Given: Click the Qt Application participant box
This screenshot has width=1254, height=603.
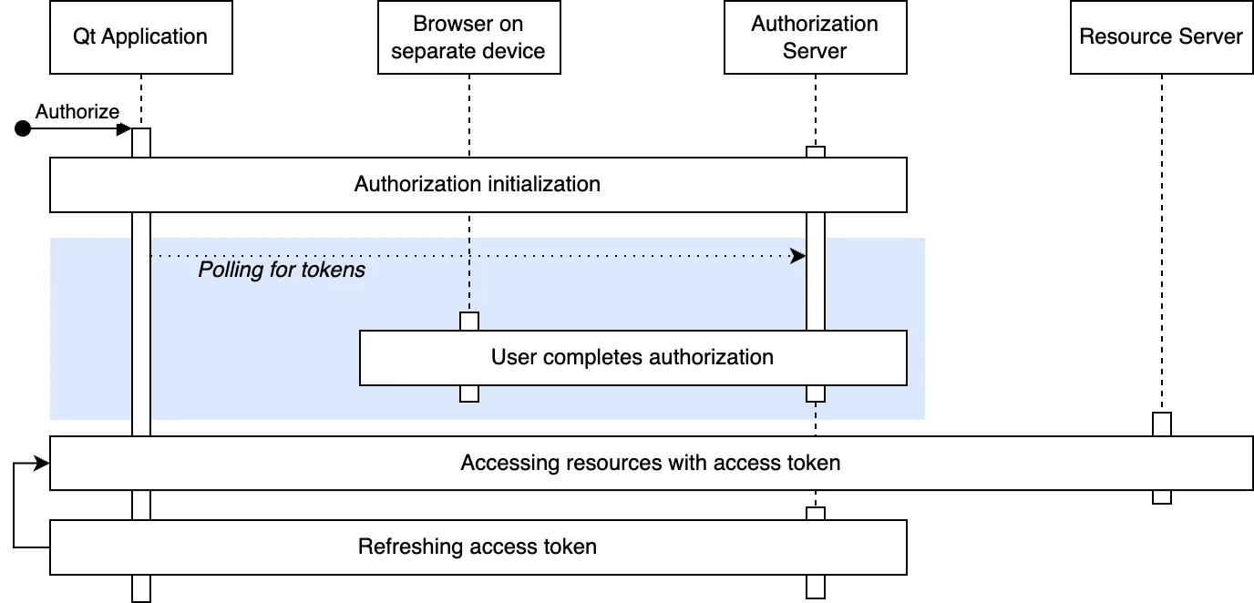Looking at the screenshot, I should click(x=140, y=37).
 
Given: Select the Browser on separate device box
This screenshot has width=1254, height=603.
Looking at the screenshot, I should click(x=468, y=37).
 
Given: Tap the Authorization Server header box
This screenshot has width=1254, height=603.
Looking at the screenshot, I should click(x=815, y=37).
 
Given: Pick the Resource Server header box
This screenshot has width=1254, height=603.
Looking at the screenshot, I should click(x=1161, y=37).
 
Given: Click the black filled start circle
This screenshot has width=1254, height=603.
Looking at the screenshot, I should click(x=23, y=129).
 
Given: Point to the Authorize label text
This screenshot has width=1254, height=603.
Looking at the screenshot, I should click(x=77, y=111).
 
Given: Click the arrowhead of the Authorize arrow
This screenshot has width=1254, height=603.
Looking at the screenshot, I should click(x=125, y=129).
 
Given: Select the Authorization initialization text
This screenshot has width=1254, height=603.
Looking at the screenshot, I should click(x=477, y=184).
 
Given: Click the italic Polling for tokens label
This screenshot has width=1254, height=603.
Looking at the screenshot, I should click(x=282, y=270).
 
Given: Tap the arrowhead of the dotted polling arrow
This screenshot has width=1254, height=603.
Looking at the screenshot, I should click(x=799, y=257).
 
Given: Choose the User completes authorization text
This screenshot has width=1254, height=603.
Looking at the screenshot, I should click(x=632, y=357).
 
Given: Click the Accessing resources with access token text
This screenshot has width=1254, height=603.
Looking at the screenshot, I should click(x=650, y=463).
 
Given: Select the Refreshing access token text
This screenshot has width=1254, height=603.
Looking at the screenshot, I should click(x=477, y=547).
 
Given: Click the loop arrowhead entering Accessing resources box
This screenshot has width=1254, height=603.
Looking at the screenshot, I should click(x=42, y=464).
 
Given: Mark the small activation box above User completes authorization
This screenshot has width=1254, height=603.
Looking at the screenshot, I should click(x=468, y=322).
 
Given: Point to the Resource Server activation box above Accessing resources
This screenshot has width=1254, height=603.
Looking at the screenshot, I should click(x=1161, y=424).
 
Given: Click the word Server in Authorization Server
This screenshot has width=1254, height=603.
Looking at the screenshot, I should click(x=815, y=51).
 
